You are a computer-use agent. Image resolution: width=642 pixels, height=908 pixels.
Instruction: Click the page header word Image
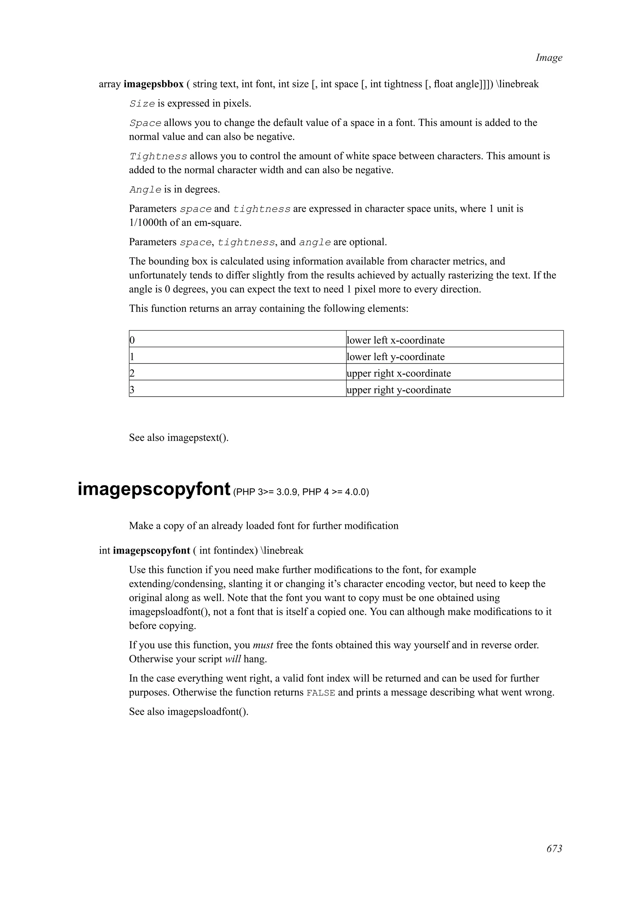tap(548, 58)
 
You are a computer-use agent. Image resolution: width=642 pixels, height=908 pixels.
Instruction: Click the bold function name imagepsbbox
tap(154, 84)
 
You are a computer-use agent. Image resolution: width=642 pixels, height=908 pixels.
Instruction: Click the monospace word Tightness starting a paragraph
tap(158, 157)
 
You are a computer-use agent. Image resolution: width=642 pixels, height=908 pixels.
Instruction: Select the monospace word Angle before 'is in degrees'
tap(145, 190)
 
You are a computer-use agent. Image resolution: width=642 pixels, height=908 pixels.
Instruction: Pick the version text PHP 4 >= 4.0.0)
tap(335, 492)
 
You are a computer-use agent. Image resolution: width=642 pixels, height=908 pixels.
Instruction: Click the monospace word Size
tap(142, 104)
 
